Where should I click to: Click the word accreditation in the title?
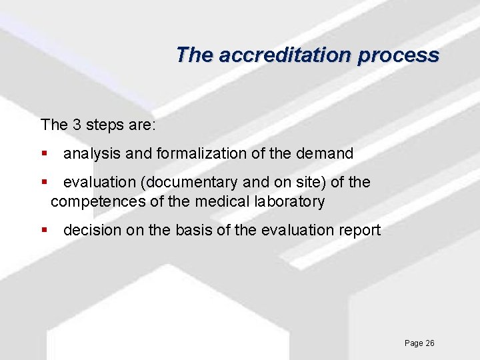283,55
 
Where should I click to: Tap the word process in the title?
398,55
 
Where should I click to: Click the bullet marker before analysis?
44,153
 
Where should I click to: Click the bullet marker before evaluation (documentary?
44,182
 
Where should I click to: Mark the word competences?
97,201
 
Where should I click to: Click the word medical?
222,201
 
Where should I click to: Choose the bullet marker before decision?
44,231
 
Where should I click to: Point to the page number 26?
429,343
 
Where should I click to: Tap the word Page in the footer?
413,343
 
